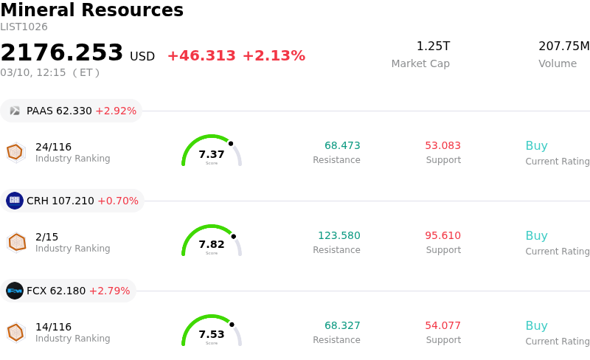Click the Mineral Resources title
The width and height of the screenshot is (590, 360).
point(91,10)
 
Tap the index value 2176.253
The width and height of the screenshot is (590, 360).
point(62,53)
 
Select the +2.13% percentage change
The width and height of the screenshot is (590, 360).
point(274,56)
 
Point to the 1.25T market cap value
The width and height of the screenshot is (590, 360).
point(433,46)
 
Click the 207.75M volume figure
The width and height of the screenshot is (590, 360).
point(563,46)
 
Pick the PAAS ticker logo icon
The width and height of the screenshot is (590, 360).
point(15,111)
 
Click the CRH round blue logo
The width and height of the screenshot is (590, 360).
point(15,201)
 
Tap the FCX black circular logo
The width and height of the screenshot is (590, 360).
point(15,291)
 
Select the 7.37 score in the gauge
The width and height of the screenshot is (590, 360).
point(212,154)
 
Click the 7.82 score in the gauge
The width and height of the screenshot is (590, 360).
point(212,244)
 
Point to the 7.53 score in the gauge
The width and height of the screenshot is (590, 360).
point(212,334)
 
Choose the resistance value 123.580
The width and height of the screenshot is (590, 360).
point(339,236)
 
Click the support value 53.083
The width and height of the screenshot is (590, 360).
point(442,145)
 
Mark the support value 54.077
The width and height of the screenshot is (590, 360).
point(442,325)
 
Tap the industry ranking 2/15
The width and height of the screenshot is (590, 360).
point(46,237)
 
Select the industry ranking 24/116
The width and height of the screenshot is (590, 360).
point(53,147)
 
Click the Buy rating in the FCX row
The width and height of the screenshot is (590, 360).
point(536,325)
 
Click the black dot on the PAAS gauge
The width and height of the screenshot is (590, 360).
point(231,143)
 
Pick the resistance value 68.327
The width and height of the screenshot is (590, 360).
point(342,325)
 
